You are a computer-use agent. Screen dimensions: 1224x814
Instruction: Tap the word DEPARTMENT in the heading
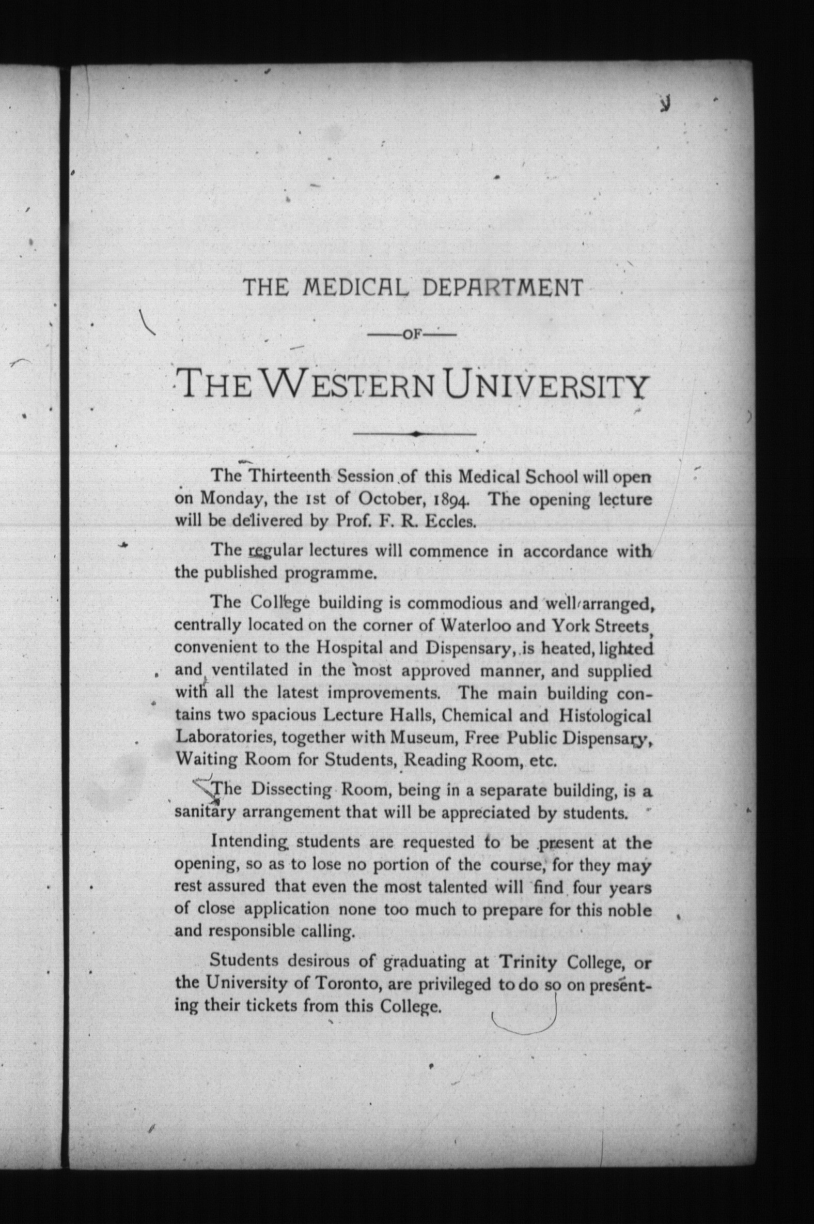503,287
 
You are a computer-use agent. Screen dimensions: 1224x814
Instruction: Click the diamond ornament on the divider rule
415,433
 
